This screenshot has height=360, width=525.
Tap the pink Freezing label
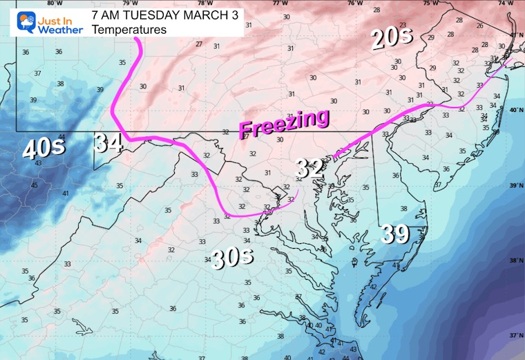pos(284,124)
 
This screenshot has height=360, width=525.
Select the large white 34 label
pos(109,143)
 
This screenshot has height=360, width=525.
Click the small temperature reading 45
pos(35,185)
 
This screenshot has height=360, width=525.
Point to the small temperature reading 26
pos(479,26)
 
